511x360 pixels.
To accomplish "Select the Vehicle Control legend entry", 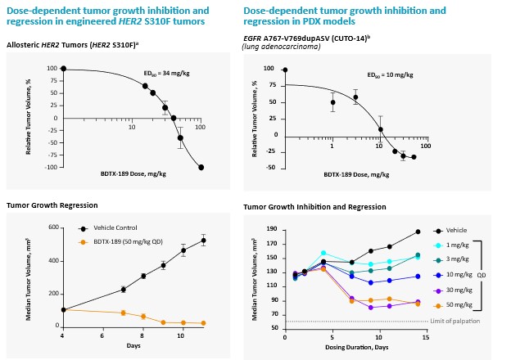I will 114,227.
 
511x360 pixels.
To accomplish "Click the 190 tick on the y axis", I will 271,232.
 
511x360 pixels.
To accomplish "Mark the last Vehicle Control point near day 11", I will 203,241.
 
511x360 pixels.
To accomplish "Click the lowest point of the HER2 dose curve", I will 201,167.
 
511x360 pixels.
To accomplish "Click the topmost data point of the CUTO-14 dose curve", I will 285,70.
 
